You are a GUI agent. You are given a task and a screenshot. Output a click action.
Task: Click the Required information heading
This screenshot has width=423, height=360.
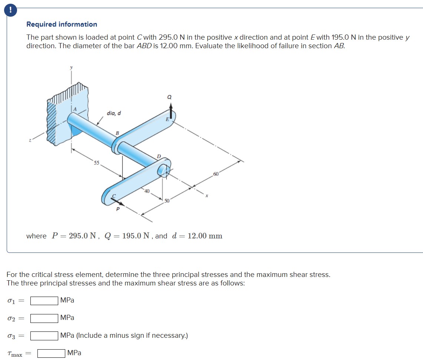[62, 24]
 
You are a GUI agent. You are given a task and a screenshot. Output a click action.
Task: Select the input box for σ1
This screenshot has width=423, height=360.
[44, 300]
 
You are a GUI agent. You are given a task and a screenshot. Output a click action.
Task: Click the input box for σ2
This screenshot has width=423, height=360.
[44, 318]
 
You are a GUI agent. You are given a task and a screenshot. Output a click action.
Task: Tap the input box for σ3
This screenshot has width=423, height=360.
[44, 336]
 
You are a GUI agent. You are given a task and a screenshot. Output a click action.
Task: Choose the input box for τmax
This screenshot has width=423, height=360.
[51, 353]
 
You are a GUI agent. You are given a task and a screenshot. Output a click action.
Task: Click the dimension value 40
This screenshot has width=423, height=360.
[147, 191]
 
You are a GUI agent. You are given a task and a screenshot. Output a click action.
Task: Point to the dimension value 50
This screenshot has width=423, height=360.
[167, 201]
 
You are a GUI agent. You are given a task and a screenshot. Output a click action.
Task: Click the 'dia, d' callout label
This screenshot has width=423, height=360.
[114, 113]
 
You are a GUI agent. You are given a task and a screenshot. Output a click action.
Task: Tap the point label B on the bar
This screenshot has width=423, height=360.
[117, 133]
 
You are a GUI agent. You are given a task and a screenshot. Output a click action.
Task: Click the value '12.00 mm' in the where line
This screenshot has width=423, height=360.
[205, 236]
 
